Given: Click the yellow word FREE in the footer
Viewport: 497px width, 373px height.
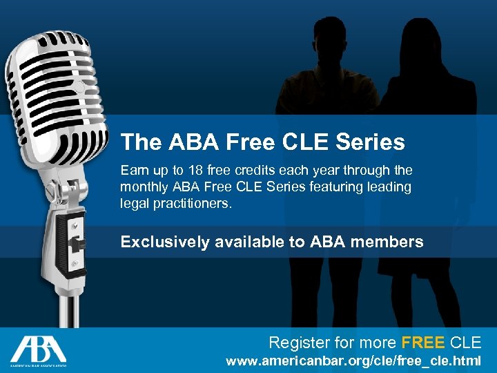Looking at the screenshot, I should coord(422,342).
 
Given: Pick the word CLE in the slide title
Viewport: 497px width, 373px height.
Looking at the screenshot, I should coord(303,142).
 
